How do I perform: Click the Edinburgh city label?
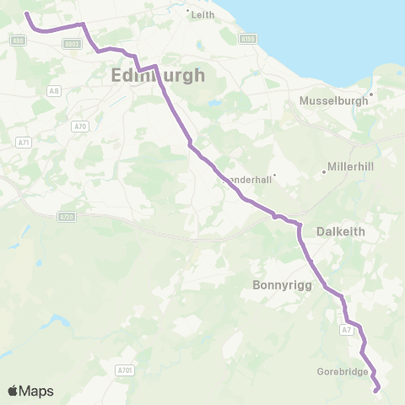pos(158,76)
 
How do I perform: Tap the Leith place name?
pos(203,15)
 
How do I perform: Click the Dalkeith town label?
pos(341,230)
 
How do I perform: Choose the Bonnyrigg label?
pos(283,286)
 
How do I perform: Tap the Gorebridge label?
pos(342,371)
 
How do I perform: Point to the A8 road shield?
pos(54,91)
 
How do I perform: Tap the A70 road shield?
pos(80,127)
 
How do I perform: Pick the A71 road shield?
pos(24,143)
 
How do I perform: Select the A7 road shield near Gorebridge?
pos(347,330)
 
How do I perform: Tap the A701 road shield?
pos(123,369)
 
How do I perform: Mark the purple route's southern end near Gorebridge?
pos(376,389)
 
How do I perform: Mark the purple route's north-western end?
pos(26,13)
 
